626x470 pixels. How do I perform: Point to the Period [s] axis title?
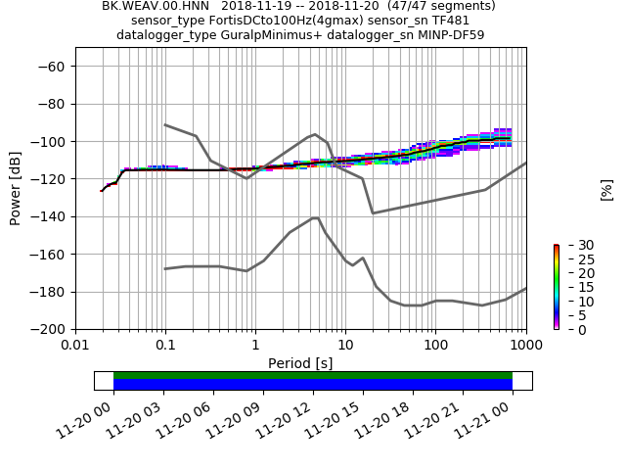click(x=300, y=363)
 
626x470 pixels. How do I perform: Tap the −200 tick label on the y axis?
click(x=48, y=329)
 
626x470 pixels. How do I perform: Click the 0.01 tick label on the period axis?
click(x=75, y=345)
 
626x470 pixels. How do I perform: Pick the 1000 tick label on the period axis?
click(x=525, y=345)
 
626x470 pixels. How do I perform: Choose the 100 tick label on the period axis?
click(x=435, y=345)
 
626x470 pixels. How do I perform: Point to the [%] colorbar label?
click(x=606, y=190)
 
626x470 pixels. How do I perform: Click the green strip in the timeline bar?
click(x=313, y=375)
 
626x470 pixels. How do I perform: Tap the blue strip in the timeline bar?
click(x=313, y=385)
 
